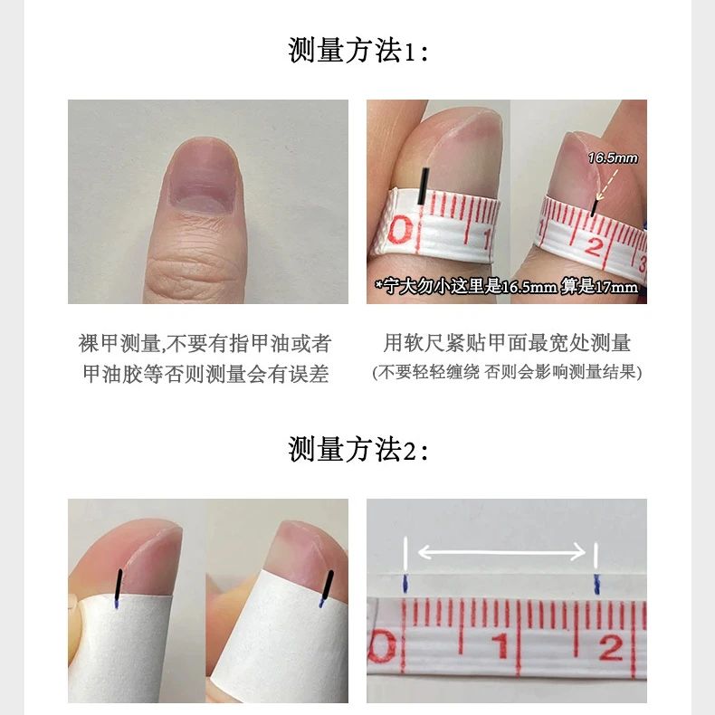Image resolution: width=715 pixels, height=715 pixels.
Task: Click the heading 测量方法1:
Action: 357,51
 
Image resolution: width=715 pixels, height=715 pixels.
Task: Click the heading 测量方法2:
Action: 357,449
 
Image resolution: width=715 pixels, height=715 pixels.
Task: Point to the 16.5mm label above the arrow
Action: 612,158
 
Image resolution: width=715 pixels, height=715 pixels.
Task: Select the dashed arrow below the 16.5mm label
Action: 602,186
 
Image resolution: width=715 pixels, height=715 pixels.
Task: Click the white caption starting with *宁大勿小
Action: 507,287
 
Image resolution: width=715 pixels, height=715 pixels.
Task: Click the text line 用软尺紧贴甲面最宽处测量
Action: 507,344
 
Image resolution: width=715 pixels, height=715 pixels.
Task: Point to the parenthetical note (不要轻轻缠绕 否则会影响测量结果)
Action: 507,373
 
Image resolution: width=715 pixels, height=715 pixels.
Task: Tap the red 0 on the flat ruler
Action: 387,649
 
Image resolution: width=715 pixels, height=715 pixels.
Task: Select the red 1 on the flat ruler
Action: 499,648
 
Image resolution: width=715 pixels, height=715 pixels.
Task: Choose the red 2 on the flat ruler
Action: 611,648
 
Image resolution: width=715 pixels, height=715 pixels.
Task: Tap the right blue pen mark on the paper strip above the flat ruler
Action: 596,583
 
